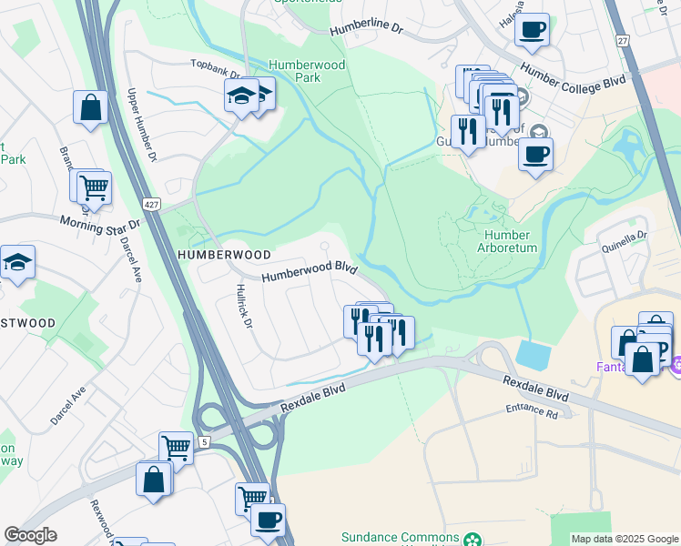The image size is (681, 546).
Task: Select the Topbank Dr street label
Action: click(x=215, y=69)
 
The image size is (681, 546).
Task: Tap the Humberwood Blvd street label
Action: click(x=309, y=273)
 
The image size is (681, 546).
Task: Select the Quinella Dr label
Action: click(x=623, y=234)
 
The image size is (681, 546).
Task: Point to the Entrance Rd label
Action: click(x=532, y=412)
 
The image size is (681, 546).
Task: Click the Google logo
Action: click(x=30, y=535)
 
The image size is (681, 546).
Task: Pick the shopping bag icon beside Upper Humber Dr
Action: click(x=91, y=107)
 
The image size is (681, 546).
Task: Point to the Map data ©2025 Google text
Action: click(x=624, y=539)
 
